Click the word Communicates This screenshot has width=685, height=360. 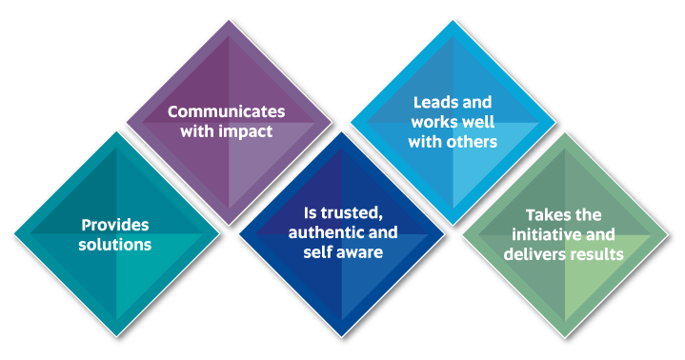(227, 110)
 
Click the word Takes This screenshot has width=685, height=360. (538, 214)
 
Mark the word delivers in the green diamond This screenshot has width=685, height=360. (539, 254)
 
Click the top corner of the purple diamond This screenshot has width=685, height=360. (229, 19)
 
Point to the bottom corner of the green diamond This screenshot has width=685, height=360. (566, 337)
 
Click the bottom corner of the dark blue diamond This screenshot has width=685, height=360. (341, 337)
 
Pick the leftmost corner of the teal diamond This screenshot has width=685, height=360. (11, 233)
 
